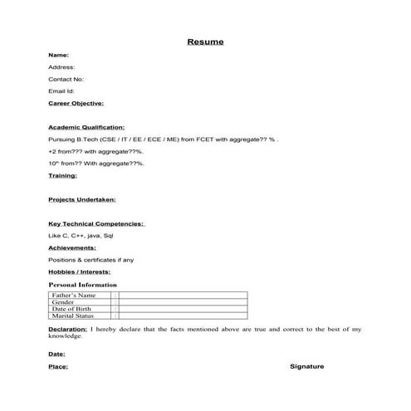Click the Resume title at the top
click(205, 42)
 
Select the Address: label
click(61, 66)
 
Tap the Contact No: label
click(66, 79)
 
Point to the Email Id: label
click(61, 91)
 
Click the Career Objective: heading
click(76, 103)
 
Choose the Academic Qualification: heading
click(86, 128)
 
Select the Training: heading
click(63, 176)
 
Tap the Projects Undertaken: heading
click(82, 200)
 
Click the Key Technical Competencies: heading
click(96, 224)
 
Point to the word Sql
click(107, 236)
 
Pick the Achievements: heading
click(72, 247)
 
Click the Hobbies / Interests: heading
click(79, 272)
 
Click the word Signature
click(307, 366)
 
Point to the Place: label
click(58, 366)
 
